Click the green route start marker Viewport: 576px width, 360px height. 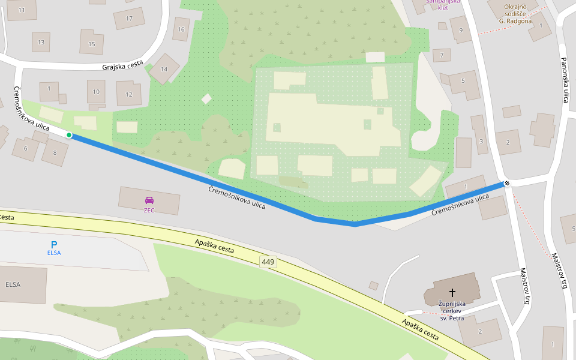click(x=69, y=135)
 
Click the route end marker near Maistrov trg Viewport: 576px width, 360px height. click(x=507, y=183)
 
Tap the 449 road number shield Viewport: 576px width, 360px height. click(x=268, y=262)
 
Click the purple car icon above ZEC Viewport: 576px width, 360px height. click(x=149, y=200)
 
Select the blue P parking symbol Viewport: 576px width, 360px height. click(x=54, y=244)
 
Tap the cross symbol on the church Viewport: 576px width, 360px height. click(x=452, y=292)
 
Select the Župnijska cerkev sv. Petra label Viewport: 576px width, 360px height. click(x=452, y=311)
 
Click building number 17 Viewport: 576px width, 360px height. click(x=129, y=18)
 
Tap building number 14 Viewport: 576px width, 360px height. click(x=164, y=69)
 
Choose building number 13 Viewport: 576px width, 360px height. click(x=41, y=42)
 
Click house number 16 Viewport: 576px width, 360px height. click(x=181, y=29)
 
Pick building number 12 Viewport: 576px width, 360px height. click(x=128, y=94)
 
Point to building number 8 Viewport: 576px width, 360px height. click(x=55, y=152)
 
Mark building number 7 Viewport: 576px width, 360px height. click(x=442, y=55)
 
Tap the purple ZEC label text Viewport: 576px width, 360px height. click(x=149, y=211)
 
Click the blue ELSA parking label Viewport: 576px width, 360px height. click(x=54, y=253)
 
